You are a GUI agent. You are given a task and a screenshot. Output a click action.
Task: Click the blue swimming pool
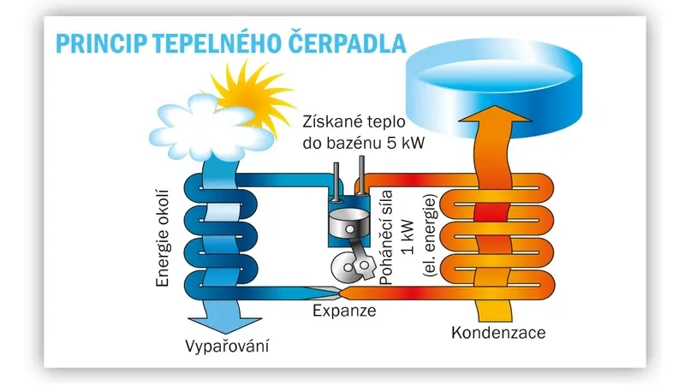click(494, 87)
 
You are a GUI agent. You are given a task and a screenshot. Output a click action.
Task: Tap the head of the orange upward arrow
click(495, 115)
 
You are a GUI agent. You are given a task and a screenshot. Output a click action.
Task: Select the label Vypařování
click(227, 346)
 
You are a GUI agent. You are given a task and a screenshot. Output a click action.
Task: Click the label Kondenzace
click(498, 333)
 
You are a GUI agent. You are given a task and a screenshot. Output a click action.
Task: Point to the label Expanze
click(344, 311)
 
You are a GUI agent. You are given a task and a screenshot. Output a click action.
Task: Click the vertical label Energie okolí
click(162, 239)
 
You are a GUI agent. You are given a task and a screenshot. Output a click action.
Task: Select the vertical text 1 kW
click(408, 237)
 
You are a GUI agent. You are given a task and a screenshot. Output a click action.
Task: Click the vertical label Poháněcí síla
click(387, 238)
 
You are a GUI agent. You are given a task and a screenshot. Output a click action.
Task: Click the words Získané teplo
click(354, 121)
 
